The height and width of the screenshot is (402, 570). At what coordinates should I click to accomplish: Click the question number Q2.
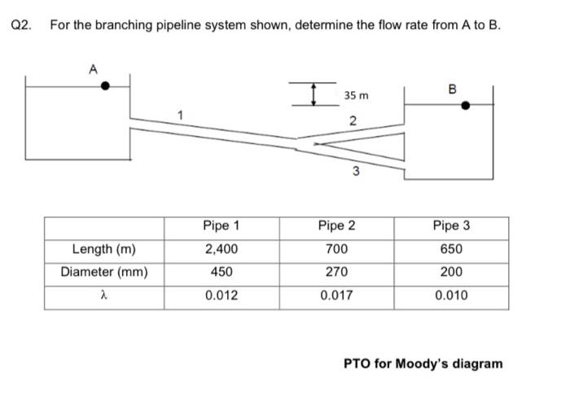point(22,24)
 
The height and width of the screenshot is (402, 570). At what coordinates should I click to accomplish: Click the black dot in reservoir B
point(465,104)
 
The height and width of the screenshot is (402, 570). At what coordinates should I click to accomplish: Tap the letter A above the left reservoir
point(94,70)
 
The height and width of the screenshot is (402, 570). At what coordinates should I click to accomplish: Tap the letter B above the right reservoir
point(453,88)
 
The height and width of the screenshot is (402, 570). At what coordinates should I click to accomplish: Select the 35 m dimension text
point(356,95)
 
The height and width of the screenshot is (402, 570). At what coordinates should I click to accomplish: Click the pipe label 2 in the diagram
point(352,122)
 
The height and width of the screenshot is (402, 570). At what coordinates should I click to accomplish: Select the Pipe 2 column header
point(337,225)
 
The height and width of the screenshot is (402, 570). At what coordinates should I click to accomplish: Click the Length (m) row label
point(103,249)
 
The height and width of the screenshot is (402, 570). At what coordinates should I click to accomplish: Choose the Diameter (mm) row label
point(103,272)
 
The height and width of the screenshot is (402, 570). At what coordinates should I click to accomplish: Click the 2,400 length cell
point(221,249)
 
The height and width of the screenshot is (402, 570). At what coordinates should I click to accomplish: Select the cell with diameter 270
point(337,272)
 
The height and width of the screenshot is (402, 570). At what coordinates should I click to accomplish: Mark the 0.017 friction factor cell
point(337,295)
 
